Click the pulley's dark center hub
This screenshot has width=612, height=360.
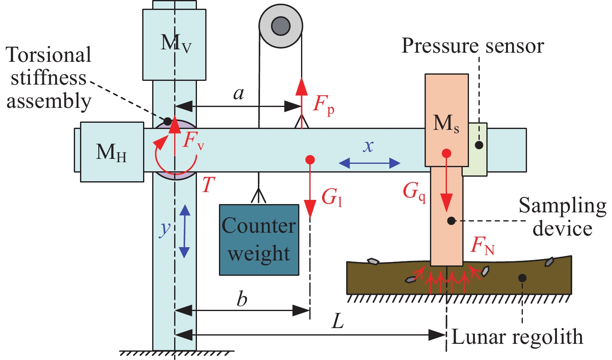281,26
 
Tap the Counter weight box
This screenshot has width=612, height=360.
259,240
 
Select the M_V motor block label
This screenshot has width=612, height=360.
176,43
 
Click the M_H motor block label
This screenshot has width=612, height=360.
111,152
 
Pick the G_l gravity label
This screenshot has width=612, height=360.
332,197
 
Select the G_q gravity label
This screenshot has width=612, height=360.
414,192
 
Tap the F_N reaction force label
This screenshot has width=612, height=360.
483,246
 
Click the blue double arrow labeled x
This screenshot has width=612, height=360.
369,163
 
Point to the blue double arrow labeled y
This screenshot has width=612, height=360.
185,231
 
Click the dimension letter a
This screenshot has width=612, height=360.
238,93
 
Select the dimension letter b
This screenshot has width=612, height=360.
242,299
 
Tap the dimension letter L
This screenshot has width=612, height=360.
338,321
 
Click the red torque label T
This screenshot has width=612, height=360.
208,185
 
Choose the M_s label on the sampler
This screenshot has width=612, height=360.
446,124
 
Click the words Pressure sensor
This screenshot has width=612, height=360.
472,46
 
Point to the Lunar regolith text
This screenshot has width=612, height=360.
517,337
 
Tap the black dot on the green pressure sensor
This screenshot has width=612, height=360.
479,145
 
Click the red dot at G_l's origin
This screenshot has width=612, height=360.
310,160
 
